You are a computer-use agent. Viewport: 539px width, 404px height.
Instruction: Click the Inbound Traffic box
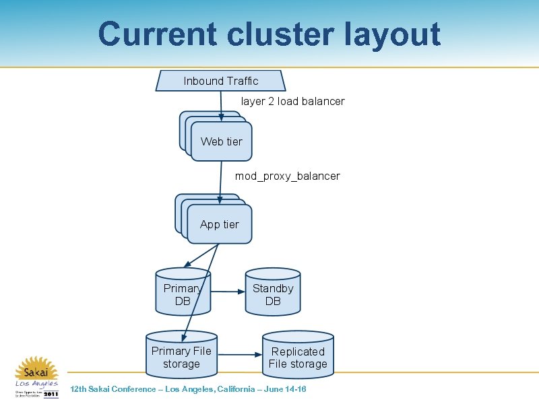coord(220,81)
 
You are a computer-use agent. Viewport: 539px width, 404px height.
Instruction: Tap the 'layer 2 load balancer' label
coord(292,102)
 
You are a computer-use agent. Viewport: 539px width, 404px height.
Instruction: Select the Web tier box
coord(221,141)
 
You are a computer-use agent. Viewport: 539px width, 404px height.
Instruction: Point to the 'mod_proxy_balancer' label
coord(287,176)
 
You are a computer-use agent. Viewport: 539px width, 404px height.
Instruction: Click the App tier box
coord(220,224)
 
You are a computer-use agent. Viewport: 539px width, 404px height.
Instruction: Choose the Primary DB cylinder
coord(182,294)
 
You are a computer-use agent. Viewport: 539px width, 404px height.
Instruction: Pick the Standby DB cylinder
coord(272,294)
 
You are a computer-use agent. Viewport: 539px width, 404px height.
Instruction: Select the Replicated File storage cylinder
coord(298,358)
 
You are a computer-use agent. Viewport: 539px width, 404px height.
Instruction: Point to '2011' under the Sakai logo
coord(51,395)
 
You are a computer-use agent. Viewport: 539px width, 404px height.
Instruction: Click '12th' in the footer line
coord(80,389)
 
